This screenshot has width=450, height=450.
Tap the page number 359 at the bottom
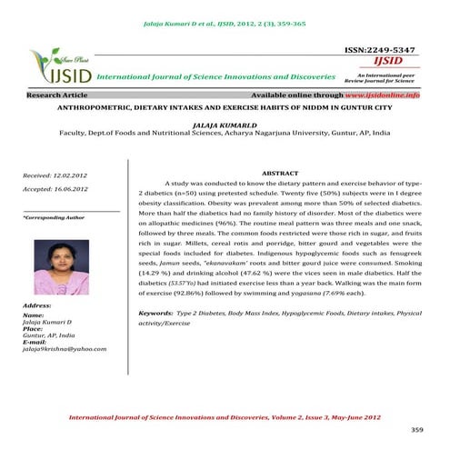click(x=417, y=429)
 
